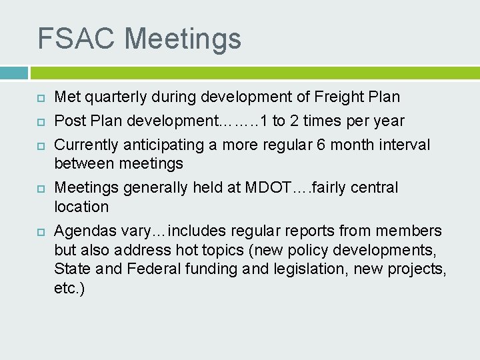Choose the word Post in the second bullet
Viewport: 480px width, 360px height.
(x=69, y=121)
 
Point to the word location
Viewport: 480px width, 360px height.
(x=81, y=207)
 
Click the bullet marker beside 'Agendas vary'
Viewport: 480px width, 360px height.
(x=40, y=231)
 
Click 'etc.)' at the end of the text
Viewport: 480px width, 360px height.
(x=69, y=289)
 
